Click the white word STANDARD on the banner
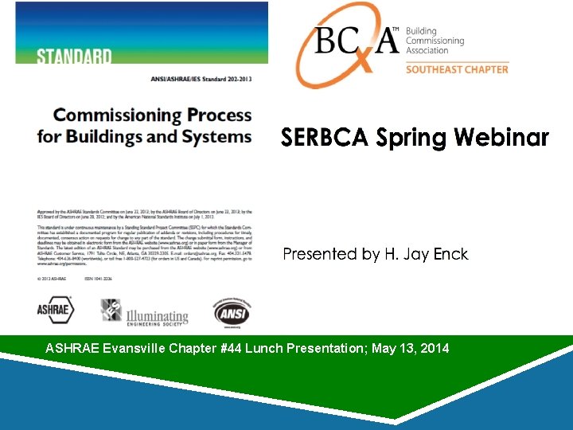click(74, 56)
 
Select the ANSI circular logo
click(231, 312)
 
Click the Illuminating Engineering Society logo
click(145, 312)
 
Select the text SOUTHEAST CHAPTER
click(457, 69)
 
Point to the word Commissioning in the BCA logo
click(435, 41)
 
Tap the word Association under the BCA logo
click(430, 50)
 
